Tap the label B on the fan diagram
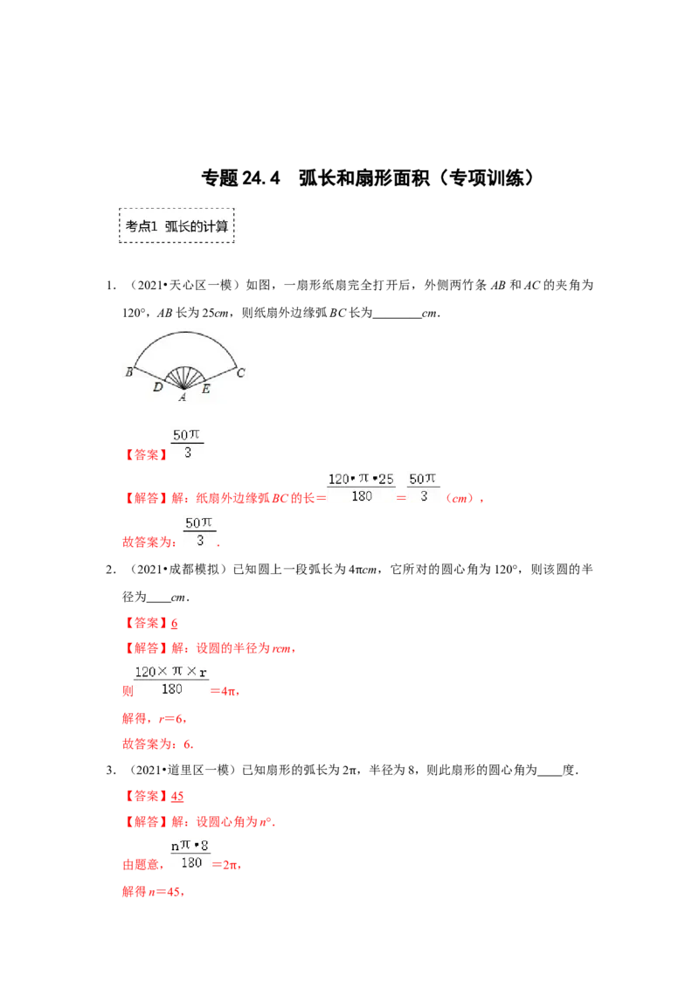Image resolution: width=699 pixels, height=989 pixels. coord(128,371)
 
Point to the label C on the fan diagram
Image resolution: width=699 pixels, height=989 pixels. coord(241,372)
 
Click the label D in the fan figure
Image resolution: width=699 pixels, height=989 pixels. coord(157,387)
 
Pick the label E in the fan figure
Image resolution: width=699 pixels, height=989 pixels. coord(205,389)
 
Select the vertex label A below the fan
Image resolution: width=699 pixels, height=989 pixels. coord(183,398)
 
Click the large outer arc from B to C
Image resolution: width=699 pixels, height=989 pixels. coord(184,333)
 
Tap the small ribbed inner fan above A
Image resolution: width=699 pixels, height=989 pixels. coord(183,375)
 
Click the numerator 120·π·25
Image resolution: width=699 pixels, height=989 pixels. coord(361,479)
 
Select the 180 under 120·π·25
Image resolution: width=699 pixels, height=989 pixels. coord(361,496)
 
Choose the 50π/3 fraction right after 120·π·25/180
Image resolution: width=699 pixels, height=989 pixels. coord(424,487)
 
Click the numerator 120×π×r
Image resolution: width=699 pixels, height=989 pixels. coord(170,672)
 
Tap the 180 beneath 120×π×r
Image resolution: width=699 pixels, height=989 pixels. coord(171,689)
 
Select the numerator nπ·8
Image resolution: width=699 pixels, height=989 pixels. coord(190,845)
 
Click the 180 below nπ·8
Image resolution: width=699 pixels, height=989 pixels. coord(190,863)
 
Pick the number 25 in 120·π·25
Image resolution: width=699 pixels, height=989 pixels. coord(386,479)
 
